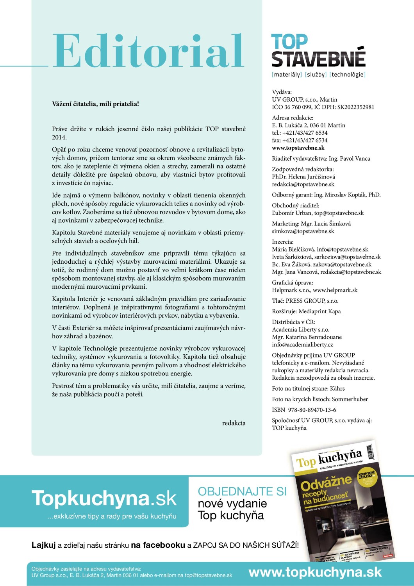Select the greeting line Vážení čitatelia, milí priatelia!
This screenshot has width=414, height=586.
click(x=95, y=104)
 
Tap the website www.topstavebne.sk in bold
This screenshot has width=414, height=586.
click(x=298, y=148)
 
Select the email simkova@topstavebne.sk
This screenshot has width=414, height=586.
click(x=303, y=231)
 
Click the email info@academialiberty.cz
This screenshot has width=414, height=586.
click(x=302, y=345)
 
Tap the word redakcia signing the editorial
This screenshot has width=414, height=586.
click(x=234, y=423)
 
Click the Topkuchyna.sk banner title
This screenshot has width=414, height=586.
click(x=104, y=498)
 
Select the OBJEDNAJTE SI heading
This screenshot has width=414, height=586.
click(x=242, y=491)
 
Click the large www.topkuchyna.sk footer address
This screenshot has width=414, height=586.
click(x=315, y=572)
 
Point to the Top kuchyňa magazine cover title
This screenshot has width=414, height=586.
click(x=329, y=459)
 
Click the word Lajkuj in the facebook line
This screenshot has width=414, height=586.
click(x=43, y=545)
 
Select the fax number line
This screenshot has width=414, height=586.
click(x=300, y=140)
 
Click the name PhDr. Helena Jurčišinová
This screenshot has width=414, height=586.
click(x=303, y=177)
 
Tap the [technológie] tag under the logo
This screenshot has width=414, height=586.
click(x=347, y=75)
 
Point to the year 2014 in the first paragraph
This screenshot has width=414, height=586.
click(x=59, y=138)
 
